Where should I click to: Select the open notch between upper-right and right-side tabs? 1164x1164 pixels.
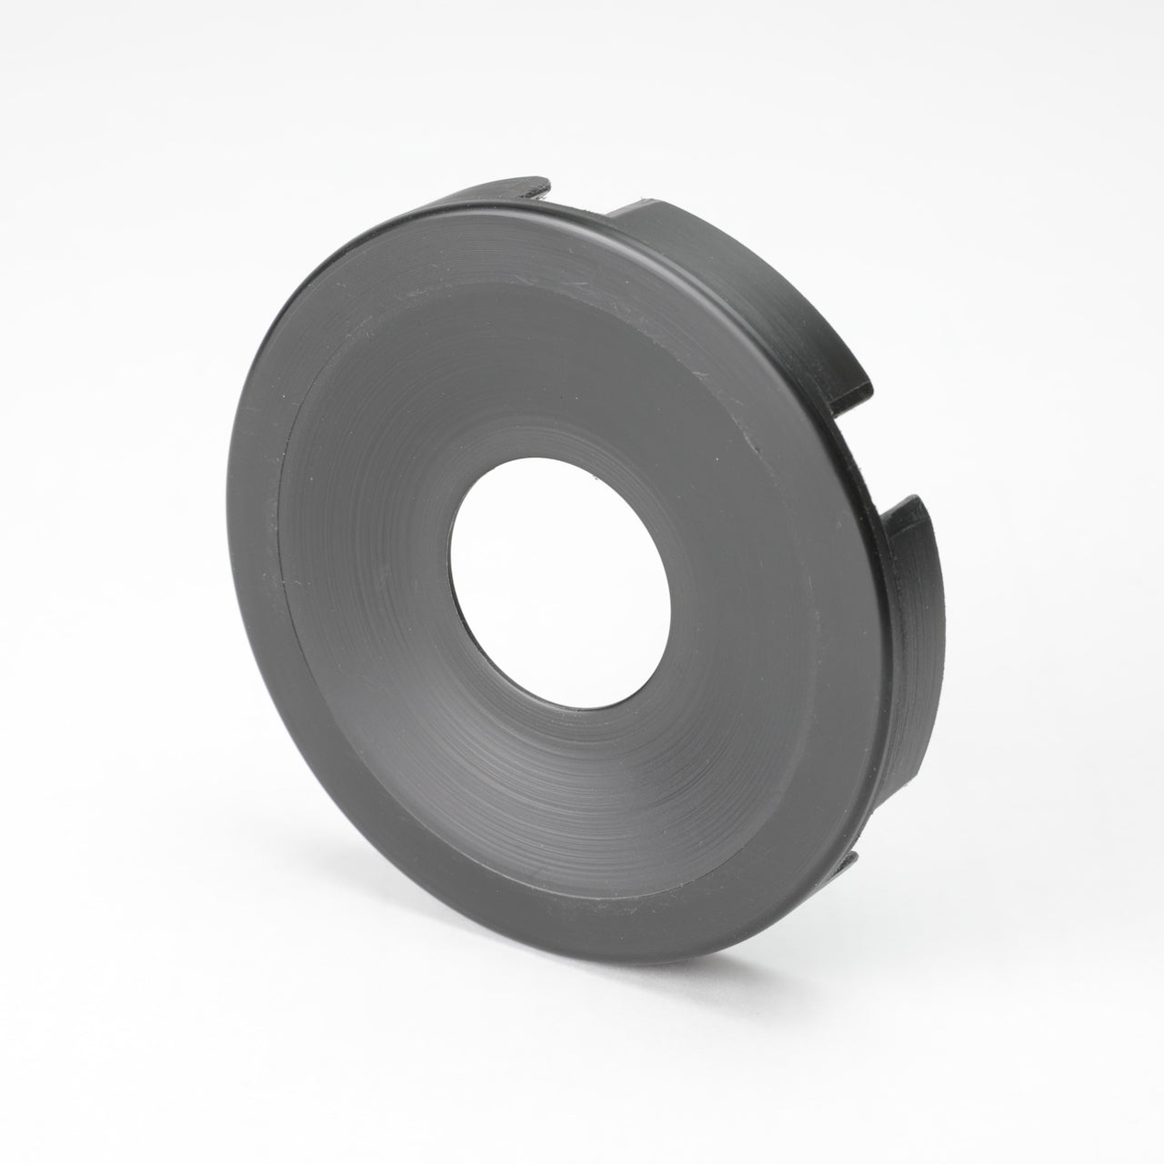(x=868, y=455)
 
